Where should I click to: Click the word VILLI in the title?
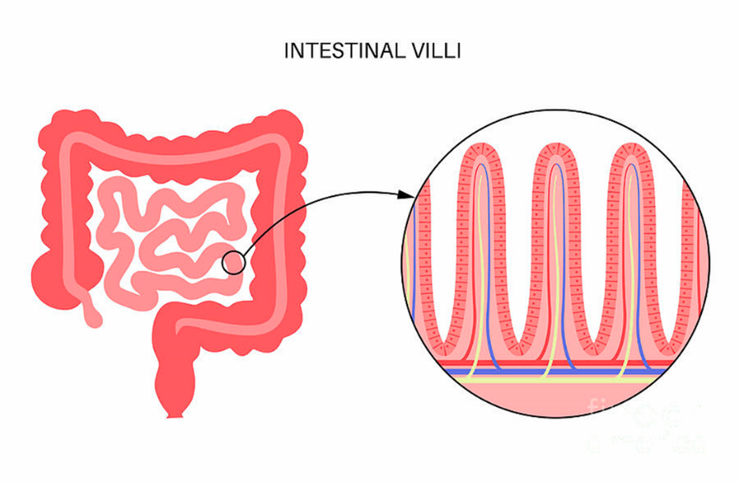coord(434,51)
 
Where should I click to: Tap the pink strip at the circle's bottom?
coord(553,403)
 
